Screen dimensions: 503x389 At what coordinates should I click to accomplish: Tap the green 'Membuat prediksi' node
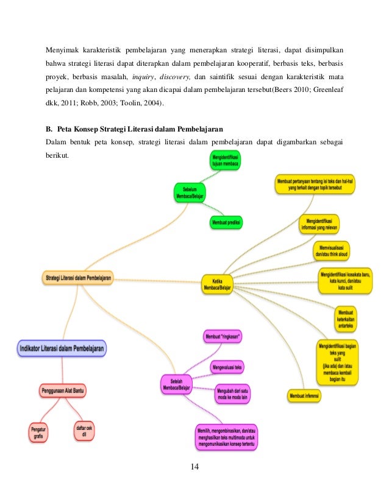point(226,223)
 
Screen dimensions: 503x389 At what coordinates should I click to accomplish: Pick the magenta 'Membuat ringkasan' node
point(223,337)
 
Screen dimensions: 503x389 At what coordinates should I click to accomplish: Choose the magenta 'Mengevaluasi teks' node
point(227,367)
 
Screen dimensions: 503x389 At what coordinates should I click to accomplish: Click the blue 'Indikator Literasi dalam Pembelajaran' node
point(61,348)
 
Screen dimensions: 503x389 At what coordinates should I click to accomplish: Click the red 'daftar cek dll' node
point(85,431)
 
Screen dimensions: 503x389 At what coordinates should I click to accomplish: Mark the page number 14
point(194,467)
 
